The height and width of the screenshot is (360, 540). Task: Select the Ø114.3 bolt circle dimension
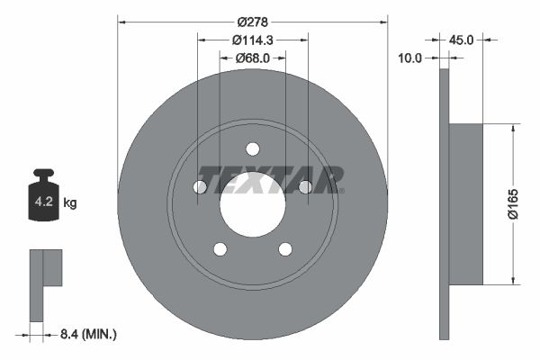[x=253, y=40]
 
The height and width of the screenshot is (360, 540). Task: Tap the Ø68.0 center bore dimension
[x=253, y=58]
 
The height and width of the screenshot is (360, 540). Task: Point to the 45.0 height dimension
[x=461, y=39]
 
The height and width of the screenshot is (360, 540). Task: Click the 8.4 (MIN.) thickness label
[x=86, y=334]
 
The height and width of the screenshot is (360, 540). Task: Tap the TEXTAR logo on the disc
[x=270, y=178]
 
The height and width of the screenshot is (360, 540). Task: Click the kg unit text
[x=70, y=203]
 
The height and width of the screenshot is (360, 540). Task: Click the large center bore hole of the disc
[x=253, y=202]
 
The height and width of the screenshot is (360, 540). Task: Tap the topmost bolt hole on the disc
[x=253, y=148]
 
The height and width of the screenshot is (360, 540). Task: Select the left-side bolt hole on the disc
[x=200, y=186]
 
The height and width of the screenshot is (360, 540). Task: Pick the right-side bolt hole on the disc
[x=306, y=186]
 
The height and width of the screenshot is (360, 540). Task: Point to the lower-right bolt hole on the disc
[x=285, y=249]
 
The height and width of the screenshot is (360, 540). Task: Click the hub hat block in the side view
[x=465, y=202]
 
